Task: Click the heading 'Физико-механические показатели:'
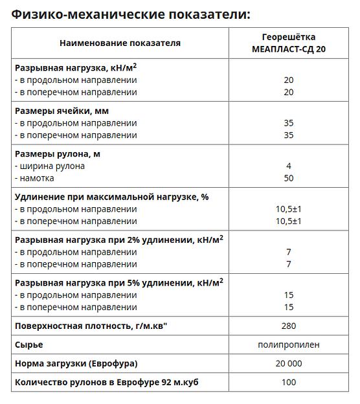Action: (x=130, y=14)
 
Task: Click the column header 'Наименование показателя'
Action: (x=120, y=43)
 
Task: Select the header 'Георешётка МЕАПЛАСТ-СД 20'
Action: (x=288, y=43)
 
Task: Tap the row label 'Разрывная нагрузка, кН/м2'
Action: (x=76, y=67)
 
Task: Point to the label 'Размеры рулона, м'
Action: (x=58, y=154)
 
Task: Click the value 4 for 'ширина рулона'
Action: (x=288, y=166)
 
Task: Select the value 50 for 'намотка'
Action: (x=288, y=178)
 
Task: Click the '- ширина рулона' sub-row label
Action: (x=50, y=166)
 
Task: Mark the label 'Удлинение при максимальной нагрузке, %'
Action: (x=111, y=197)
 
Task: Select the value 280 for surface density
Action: (x=288, y=326)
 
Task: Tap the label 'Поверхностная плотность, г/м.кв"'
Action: (x=91, y=326)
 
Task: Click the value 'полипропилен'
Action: (x=288, y=344)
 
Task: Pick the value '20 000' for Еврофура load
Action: (x=288, y=363)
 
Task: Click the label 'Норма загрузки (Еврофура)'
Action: (x=76, y=363)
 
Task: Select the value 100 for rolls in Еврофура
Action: (x=288, y=382)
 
